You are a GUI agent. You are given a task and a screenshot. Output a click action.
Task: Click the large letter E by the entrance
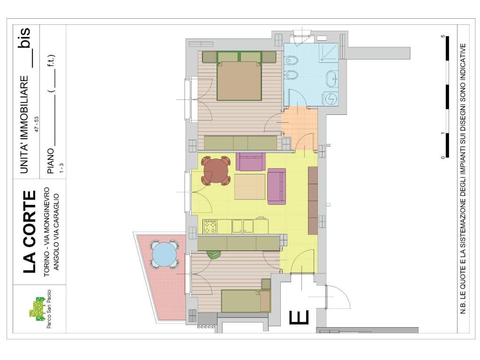tap(299, 317)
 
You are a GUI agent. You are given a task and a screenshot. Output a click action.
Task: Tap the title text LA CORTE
tap(30, 232)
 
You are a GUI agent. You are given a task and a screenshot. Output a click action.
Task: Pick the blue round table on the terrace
tap(165, 255)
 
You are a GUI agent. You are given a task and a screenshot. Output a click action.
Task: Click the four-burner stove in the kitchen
tap(210, 227)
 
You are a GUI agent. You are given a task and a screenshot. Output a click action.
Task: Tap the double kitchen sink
tap(243, 226)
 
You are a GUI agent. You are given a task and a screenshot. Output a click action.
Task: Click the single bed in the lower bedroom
tap(246, 301)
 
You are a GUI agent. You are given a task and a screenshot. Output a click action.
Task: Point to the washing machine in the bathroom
tap(330, 98)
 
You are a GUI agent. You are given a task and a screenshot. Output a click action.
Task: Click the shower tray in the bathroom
tap(329, 52)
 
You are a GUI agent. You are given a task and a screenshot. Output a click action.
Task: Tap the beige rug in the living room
tap(250, 187)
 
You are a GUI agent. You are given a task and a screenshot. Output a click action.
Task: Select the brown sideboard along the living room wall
tap(313, 201)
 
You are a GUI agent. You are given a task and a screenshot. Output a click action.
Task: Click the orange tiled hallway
tap(300, 128)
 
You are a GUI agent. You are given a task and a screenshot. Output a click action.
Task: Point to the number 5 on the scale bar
tap(442, 37)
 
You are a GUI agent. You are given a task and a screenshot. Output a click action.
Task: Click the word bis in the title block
tap(24, 37)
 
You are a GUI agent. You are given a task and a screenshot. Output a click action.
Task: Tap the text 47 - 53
tap(37, 124)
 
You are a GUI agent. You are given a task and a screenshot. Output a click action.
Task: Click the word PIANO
tap(51, 161)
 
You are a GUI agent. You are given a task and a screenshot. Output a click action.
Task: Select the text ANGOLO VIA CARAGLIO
tap(56, 232)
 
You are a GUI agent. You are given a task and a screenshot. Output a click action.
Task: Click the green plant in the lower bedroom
tap(214, 254)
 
